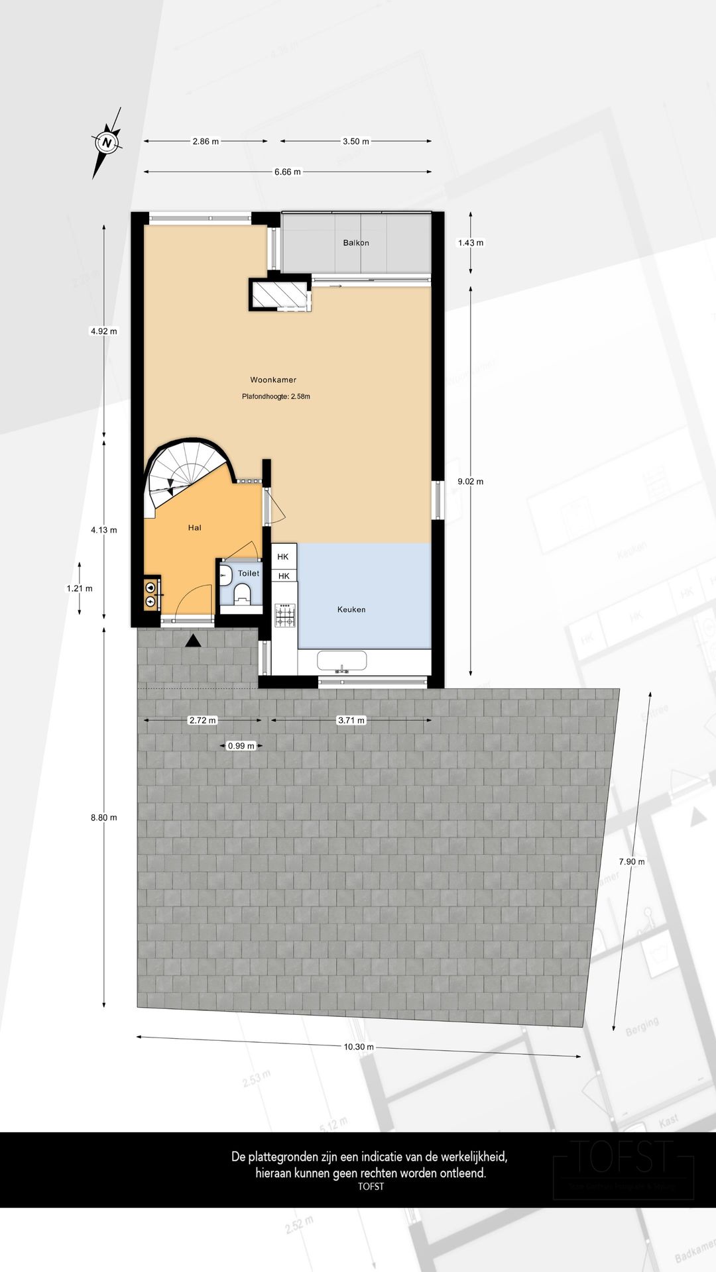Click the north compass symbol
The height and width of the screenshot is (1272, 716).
[106, 142]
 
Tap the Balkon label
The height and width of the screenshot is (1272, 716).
[356, 242]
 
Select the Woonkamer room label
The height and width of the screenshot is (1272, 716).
[273, 380]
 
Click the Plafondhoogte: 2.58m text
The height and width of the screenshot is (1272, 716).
[276, 397]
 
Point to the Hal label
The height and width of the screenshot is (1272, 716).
[194, 527]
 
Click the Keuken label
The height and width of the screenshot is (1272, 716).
[351, 609]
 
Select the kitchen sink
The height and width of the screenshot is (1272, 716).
[341, 661]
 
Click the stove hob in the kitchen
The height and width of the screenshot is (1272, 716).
[285, 615]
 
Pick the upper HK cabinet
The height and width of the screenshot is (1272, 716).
[283, 556]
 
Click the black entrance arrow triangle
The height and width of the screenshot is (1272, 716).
[193, 640]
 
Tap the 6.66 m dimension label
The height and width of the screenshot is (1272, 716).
[287, 172]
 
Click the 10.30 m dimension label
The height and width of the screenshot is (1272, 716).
[359, 1047]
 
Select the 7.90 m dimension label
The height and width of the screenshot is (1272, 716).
[632, 861]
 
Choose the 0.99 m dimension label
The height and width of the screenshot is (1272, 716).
[241, 745]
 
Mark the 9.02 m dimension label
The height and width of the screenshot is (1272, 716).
[471, 482]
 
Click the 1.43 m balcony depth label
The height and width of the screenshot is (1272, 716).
[471, 242]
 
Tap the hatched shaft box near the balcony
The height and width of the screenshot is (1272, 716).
[279, 294]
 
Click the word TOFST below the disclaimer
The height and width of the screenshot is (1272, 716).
[371, 1187]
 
